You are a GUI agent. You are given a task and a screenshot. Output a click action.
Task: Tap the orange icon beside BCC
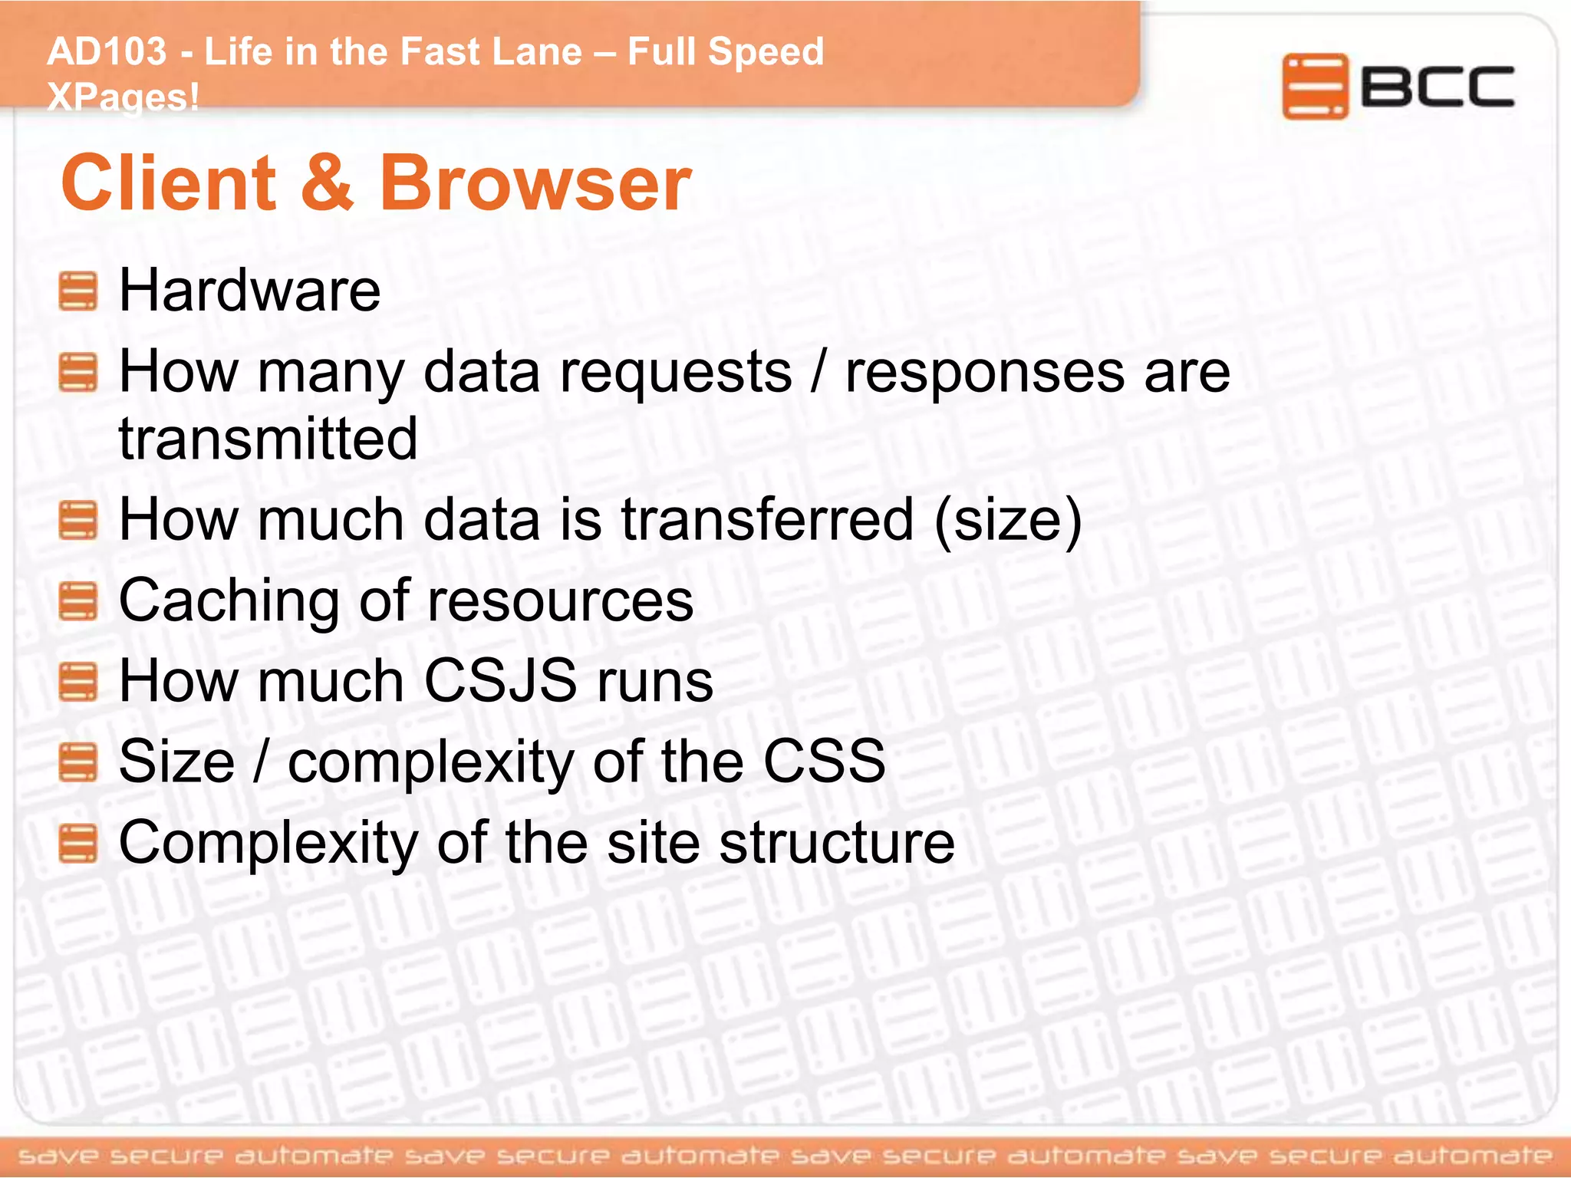[1314, 87]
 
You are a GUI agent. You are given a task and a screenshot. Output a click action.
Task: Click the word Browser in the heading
[535, 183]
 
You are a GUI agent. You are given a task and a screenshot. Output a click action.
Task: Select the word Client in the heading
[169, 183]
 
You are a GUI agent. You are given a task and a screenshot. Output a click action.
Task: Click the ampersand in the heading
[328, 183]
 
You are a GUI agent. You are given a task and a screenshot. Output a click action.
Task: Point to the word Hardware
[249, 291]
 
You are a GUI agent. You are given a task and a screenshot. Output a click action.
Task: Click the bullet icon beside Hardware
[78, 291]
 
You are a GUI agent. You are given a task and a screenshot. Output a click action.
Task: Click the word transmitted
[268, 439]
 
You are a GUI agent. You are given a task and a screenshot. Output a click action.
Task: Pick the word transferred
[767, 519]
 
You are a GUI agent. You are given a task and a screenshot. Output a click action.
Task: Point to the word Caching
[228, 601]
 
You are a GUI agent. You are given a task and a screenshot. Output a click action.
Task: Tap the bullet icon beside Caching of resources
[78, 601]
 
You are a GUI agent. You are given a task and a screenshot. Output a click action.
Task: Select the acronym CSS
[824, 762]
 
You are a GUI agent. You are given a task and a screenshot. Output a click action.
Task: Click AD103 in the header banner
[107, 52]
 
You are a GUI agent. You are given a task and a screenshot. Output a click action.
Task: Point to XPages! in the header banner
[123, 97]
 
